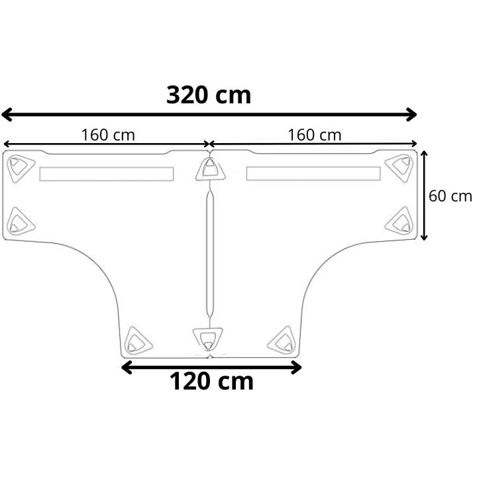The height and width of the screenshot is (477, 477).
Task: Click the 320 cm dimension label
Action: pos(209,95)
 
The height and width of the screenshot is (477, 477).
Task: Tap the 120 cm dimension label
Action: pos(211,382)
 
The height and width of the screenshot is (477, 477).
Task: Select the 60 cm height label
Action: pos(450,196)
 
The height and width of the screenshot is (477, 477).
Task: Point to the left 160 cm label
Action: pos(108,134)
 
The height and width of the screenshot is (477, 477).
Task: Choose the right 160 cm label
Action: pos(315,134)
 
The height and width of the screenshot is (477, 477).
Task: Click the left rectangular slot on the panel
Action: pos(107,174)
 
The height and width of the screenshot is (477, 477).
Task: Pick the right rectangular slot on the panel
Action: pos(313,174)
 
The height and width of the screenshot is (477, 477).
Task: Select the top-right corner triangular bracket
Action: pos(399,168)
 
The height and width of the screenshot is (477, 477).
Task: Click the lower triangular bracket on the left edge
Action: pos(21,221)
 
